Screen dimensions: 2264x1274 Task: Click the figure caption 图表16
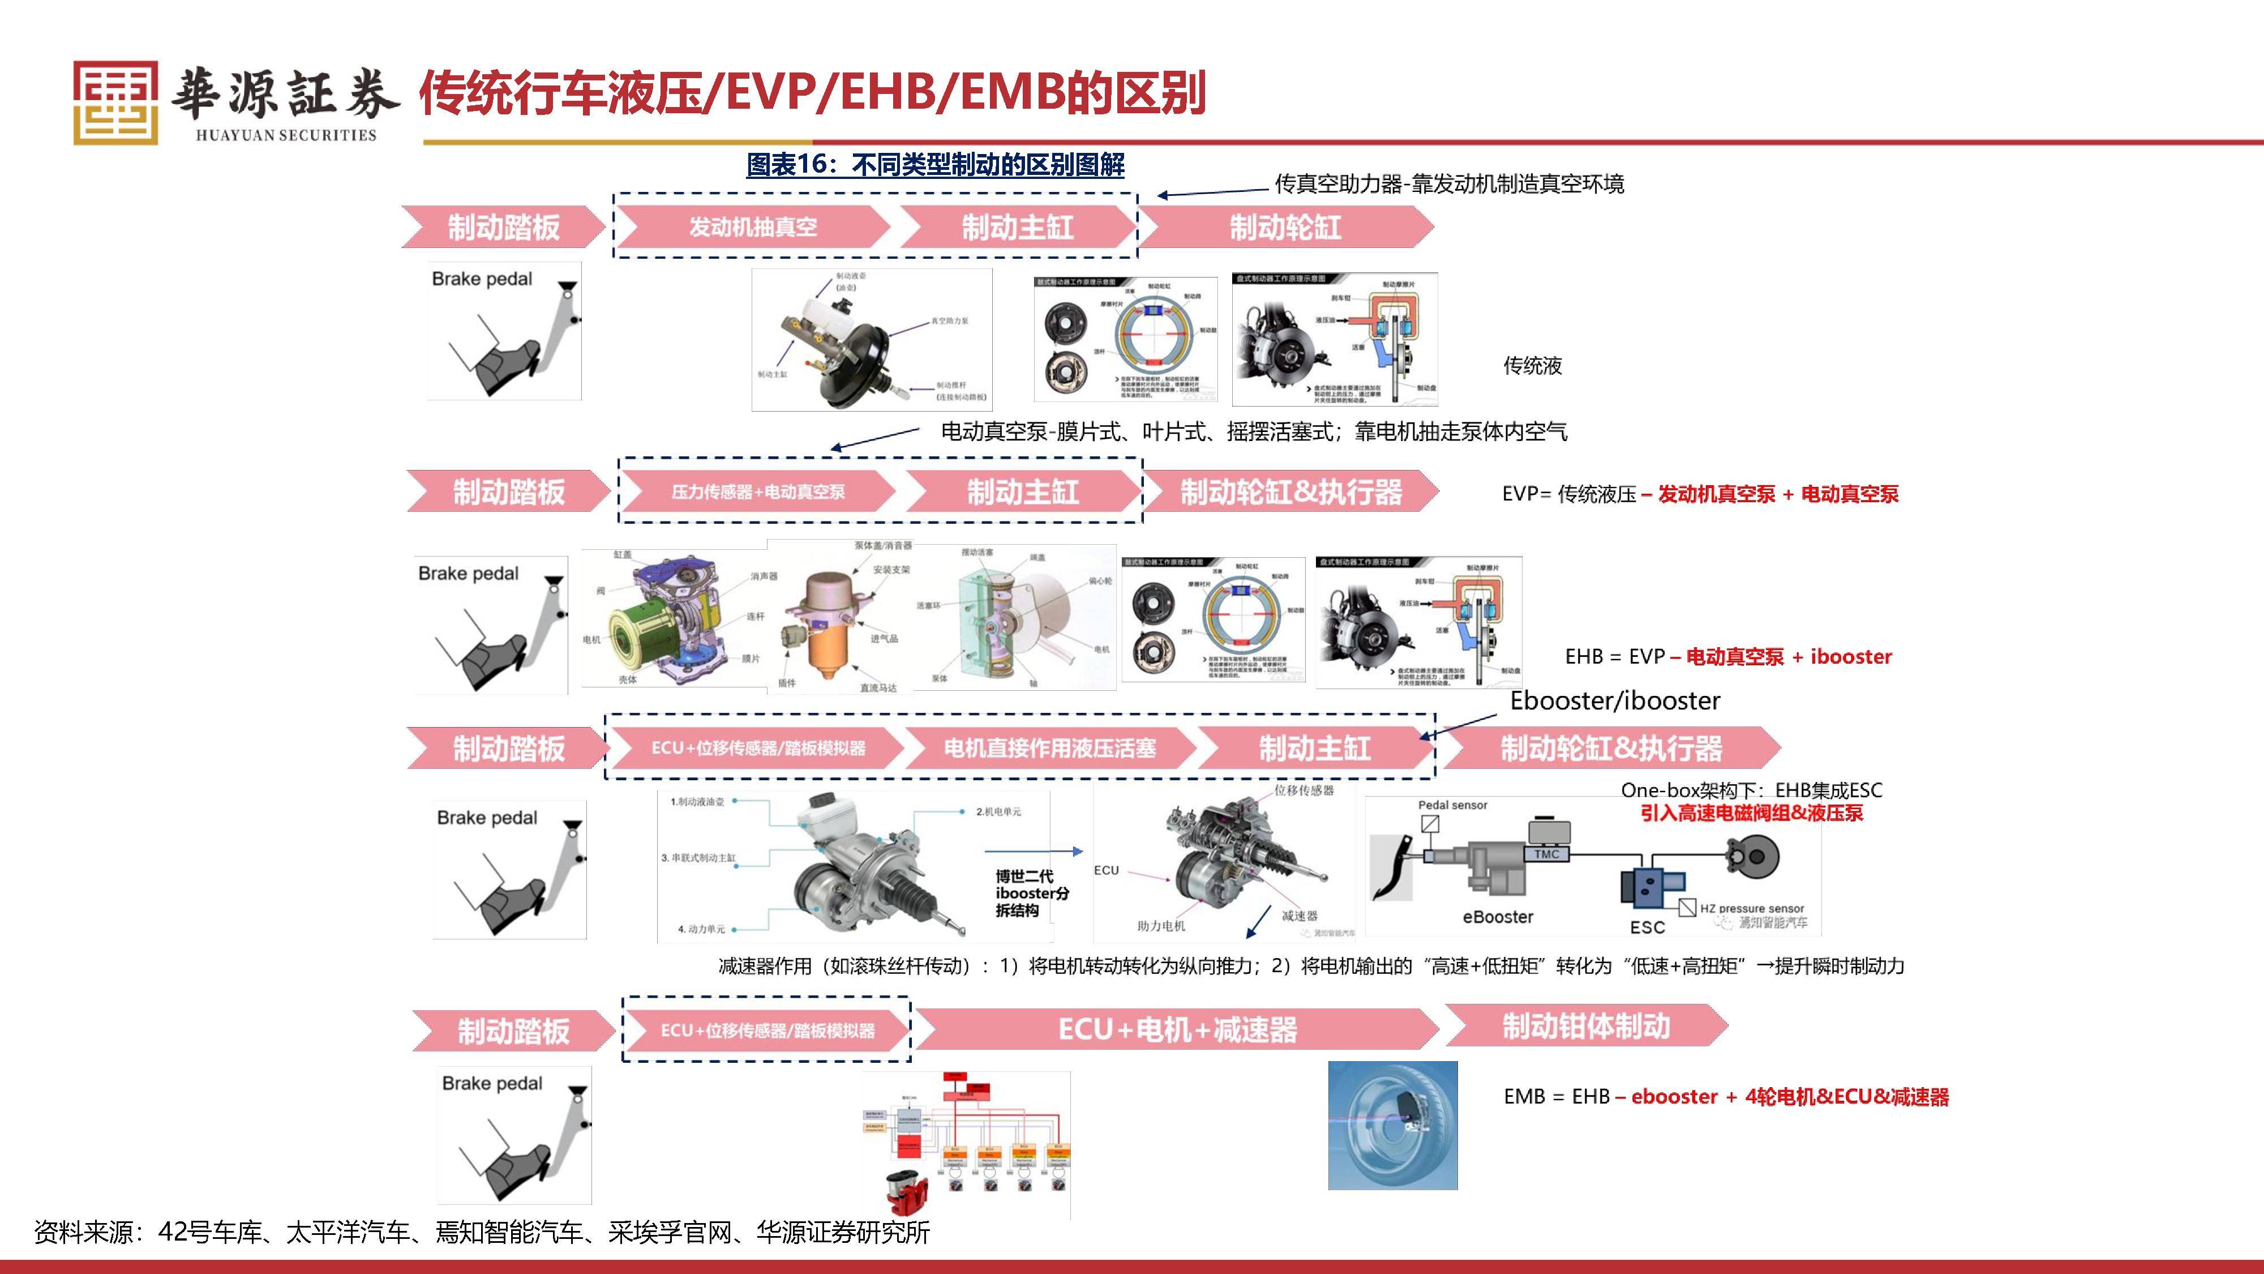point(934,164)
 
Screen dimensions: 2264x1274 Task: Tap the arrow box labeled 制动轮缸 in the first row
point(1285,227)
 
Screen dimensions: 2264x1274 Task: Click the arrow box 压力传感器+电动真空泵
point(758,491)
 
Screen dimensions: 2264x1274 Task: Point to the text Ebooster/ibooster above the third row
point(1614,701)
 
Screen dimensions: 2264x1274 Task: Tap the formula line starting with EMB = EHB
point(1725,1096)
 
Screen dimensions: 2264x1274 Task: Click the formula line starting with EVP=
point(1700,494)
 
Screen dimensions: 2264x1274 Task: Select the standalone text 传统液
point(1532,366)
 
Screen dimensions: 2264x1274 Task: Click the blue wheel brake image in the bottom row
point(1392,1126)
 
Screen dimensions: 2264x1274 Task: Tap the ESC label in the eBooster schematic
point(1647,927)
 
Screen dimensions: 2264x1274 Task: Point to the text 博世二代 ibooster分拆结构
point(1031,892)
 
